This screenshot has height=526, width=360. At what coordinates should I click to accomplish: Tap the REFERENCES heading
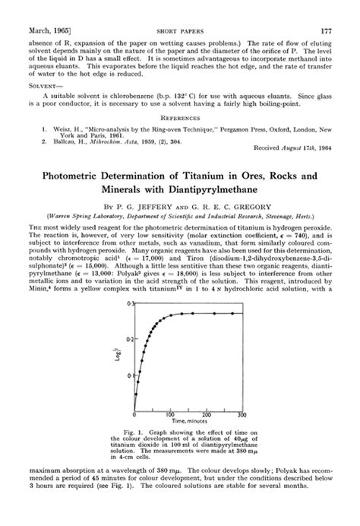tap(179, 119)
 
